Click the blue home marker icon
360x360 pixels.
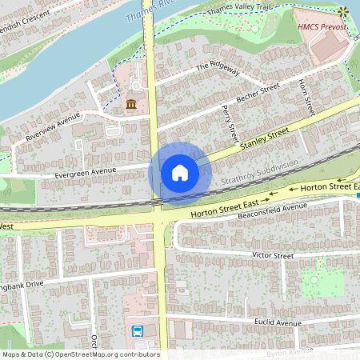pyautogui.click(x=180, y=172)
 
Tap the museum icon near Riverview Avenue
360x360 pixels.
pyautogui.click(x=130, y=104)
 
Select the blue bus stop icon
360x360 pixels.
pyautogui.click(x=137, y=330)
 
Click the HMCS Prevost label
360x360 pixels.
pyautogui.click(x=322, y=26)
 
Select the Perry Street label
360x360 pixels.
pyautogui.click(x=231, y=120)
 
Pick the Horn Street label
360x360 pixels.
pyautogui.click(x=304, y=95)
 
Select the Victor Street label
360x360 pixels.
pyautogui.click(x=273, y=255)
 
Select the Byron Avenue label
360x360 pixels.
pyautogui.click(x=293, y=351)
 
